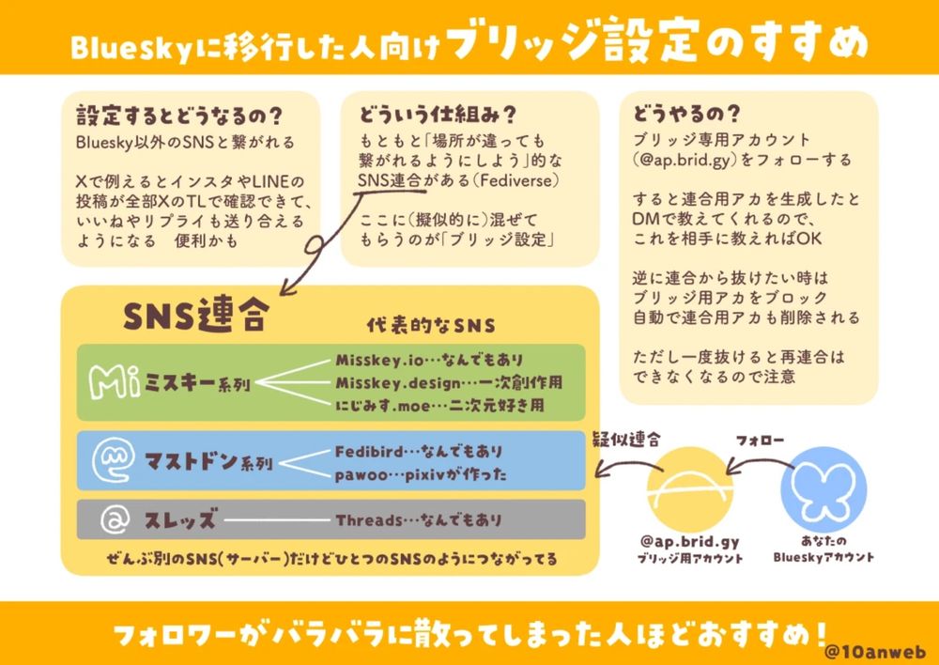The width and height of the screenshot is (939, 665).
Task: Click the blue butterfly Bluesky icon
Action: coord(823,489)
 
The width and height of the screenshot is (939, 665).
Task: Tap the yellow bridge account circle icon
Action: coord(690,489)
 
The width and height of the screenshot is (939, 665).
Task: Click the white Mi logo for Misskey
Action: coord(115,381)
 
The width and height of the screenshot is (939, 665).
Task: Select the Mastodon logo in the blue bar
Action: coord(112,461)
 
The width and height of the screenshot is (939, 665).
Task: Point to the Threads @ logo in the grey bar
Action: coord(115,519)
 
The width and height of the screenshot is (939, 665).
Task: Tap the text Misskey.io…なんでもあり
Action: coord(429,360)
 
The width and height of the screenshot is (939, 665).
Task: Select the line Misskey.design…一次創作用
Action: coord(449,383)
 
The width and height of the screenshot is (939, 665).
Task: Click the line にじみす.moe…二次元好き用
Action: coord(439,406)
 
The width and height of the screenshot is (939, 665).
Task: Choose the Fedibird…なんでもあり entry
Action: coord(419,451)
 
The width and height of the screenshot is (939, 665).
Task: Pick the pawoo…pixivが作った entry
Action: coord(421,475)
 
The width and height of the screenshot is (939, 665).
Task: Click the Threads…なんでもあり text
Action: coord(418,519)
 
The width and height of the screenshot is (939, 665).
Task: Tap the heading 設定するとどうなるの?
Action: coord(179,116)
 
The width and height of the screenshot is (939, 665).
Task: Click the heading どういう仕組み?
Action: coord(438,115)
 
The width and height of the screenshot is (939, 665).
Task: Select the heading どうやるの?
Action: coord(687,114)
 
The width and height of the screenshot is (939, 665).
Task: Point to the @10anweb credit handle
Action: coord(875,651)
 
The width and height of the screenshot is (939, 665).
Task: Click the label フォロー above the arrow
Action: coord(760,441)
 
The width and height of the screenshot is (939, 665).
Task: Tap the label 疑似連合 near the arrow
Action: coord(625,441)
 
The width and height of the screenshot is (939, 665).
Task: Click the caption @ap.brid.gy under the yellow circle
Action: coord(690,542)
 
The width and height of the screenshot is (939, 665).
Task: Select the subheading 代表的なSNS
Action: coord(431,325)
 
